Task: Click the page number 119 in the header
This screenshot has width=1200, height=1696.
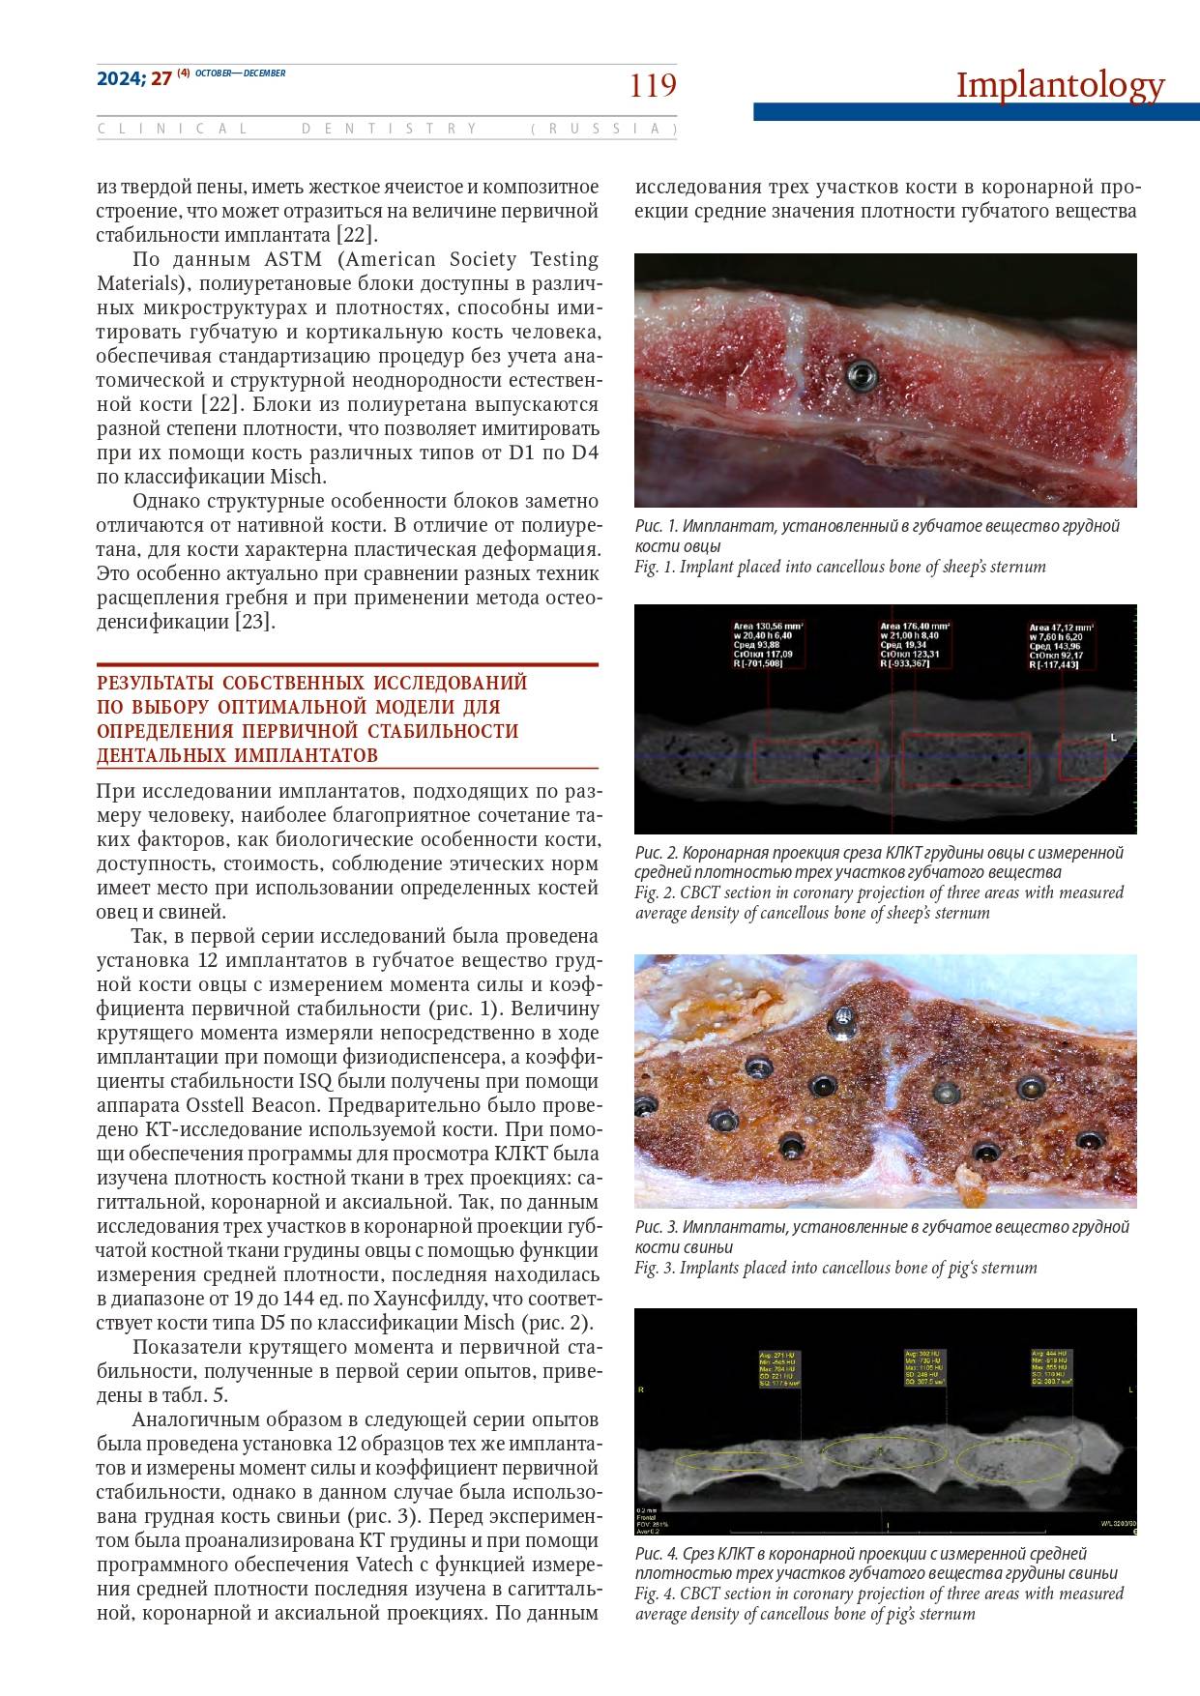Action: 653,86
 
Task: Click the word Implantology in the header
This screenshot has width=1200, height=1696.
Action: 1060,85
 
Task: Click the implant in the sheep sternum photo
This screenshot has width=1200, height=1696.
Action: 858,372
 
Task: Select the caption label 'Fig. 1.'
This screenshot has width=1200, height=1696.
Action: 656,567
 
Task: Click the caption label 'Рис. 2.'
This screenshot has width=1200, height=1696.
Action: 657,853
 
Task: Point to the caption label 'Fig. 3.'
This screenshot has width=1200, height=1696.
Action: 656,1268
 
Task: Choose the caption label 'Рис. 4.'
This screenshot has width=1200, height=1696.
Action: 657,1554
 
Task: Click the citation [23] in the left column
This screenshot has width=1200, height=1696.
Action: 255,622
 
